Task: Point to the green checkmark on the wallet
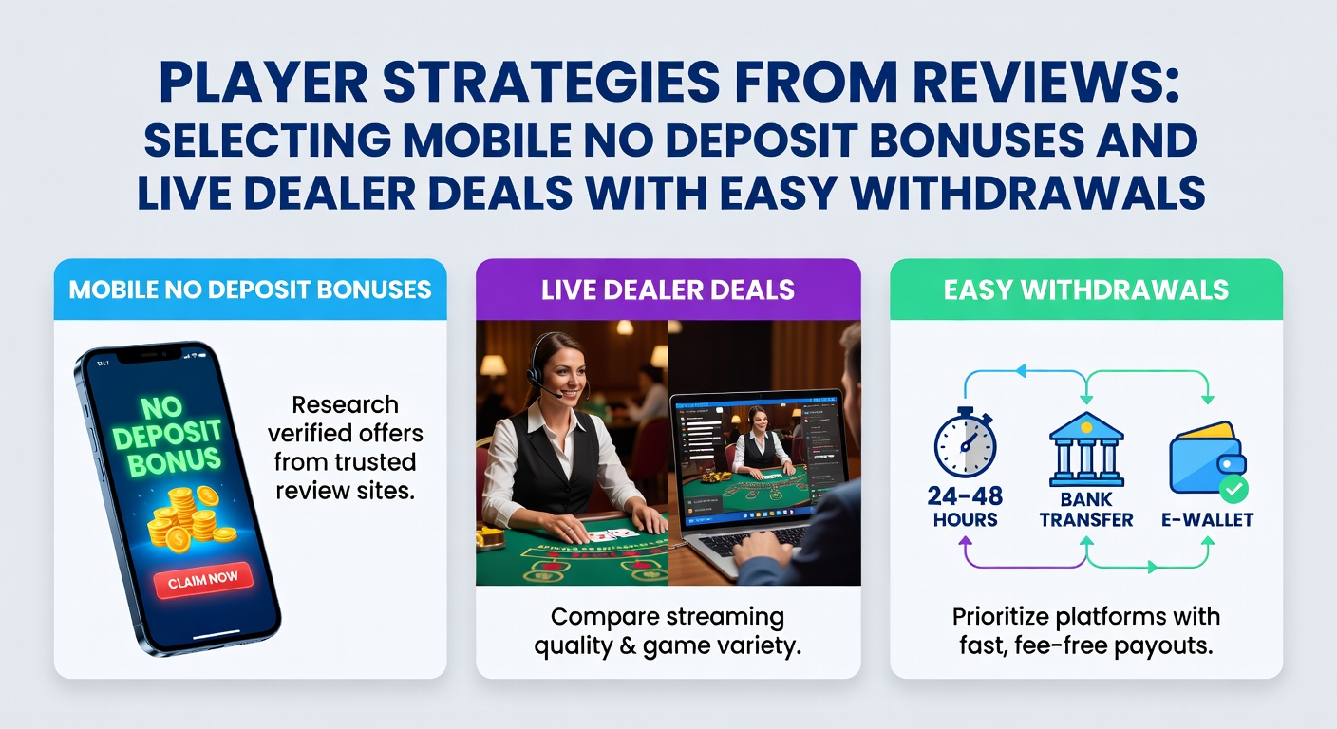point(1233,489)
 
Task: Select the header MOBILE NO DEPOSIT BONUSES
point(251,290)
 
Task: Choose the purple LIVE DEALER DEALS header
point(668,290)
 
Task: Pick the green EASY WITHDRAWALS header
point(1086,290)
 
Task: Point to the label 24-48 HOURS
point(965,508)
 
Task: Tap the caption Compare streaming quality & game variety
point(668,632)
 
